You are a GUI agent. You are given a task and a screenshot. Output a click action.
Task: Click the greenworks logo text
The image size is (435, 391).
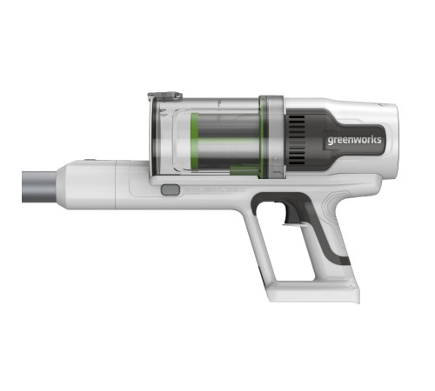coord(354,140)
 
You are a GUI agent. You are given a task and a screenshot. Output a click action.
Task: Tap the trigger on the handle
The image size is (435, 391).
coord(293,215)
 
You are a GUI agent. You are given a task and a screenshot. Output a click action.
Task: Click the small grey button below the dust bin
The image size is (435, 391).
coord(171,190)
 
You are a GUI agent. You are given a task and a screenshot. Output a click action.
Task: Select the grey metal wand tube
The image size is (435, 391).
coord(39,187)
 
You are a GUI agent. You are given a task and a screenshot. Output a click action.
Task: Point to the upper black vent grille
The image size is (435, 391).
coord(297,126)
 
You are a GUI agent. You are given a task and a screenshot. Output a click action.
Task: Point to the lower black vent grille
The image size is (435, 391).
coord(297,155)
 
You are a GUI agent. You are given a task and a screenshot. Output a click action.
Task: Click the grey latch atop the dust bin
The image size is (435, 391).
coord(164,96)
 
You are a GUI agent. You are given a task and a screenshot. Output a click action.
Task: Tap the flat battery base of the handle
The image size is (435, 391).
coord(314,293)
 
